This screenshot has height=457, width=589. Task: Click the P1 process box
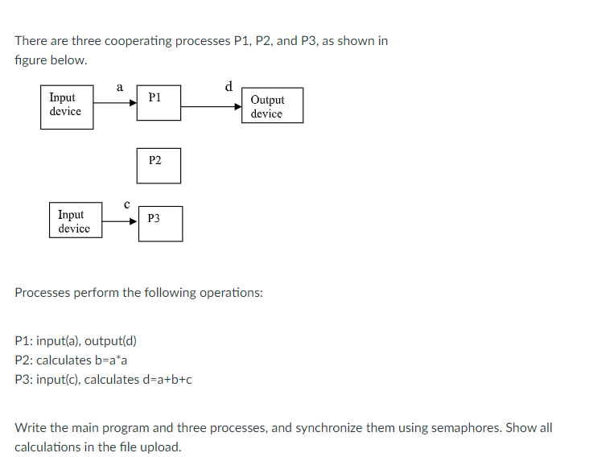click(x=159, y=103)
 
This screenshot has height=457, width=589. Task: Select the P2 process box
click(x=159, y=165)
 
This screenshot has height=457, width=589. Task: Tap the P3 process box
click(x=159, y=224)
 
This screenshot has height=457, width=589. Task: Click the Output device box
click(x=272, y=106)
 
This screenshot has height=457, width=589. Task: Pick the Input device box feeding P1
click(x=67, y=105)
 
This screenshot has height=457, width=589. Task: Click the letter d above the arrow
click(x=229, y=86)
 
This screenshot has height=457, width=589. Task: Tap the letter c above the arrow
click(x=126, y=204)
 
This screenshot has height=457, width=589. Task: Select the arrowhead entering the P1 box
click(x=132, y=103)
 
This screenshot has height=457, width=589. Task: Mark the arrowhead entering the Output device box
click(x=237, y=105)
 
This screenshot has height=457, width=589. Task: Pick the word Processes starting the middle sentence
click(x=42, y=293)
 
